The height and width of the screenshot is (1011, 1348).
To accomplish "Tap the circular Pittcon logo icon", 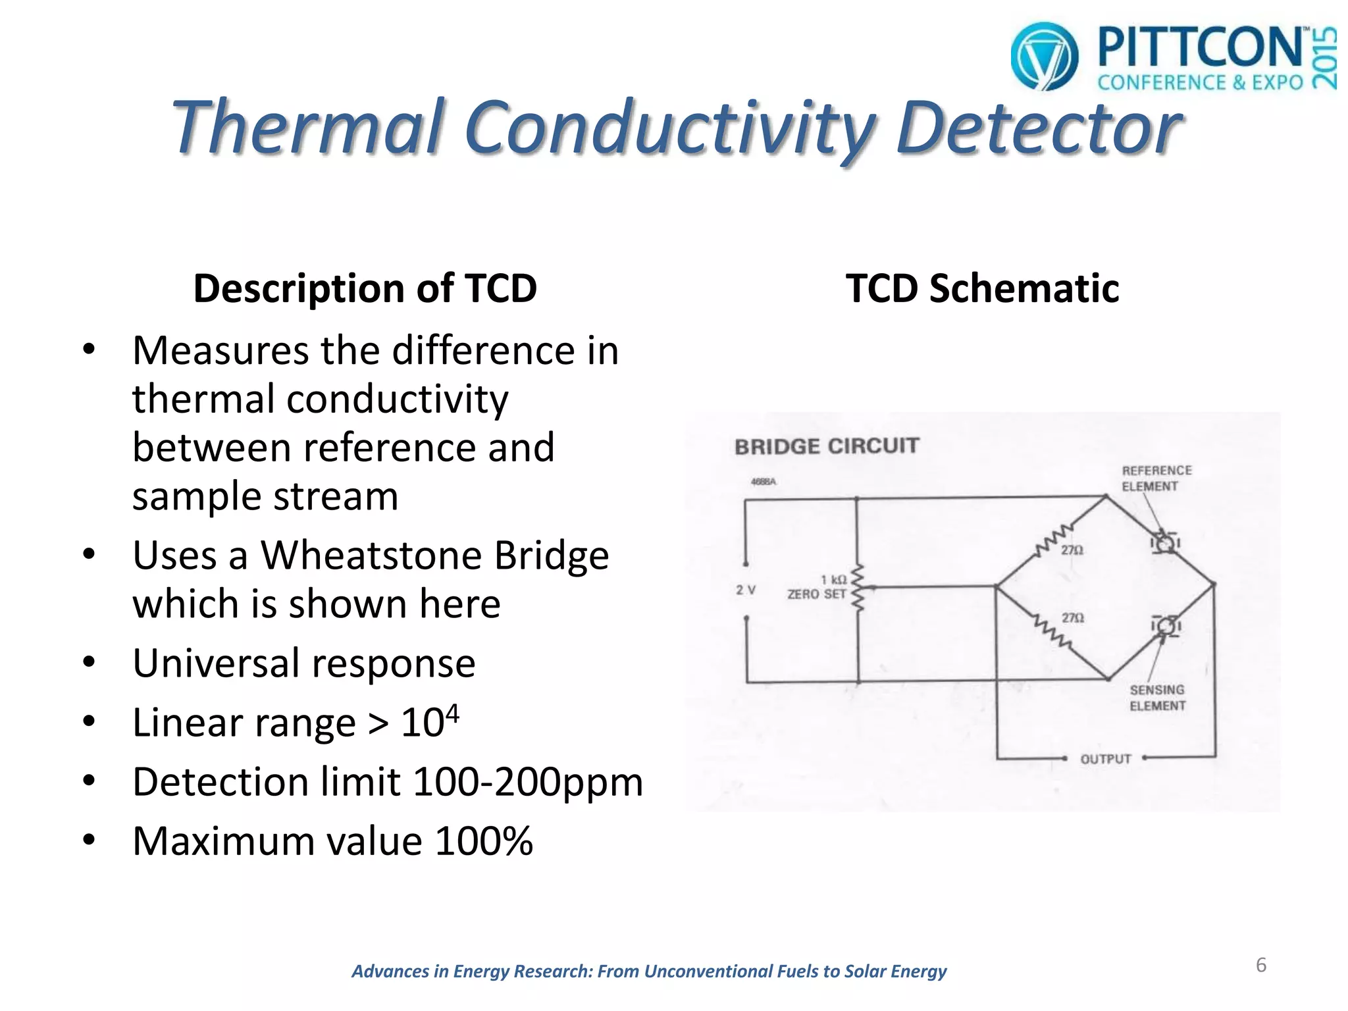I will (1044, 57).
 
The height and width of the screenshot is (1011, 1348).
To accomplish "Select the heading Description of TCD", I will (365, 288).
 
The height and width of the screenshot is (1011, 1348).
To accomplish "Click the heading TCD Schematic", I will (982, 288).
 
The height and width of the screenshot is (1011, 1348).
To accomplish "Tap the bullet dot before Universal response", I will (90, 661).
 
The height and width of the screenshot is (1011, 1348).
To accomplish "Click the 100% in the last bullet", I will (484, 841).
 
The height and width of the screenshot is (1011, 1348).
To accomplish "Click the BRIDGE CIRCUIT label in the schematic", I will (826, 446).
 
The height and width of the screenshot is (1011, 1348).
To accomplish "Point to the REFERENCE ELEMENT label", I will (1156, 479).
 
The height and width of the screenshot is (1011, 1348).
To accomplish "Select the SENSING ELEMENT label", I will (1157, 698).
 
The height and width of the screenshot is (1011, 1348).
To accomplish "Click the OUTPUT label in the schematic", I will (1105, 759).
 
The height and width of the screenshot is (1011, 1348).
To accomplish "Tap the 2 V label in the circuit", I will (745, 590).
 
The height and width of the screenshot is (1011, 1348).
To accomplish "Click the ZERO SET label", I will (816, 594).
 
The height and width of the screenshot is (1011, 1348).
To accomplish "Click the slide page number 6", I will (1260, 965).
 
